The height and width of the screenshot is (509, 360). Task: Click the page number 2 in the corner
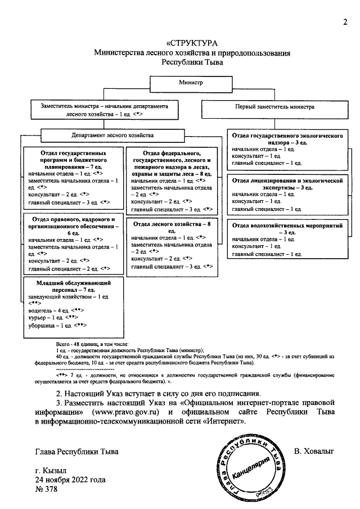point(345,22)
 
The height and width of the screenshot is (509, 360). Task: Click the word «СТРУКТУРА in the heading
point(192,44)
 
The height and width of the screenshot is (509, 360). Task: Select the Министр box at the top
point(191,82)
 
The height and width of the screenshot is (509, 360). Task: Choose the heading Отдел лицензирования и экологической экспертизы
point(287,184)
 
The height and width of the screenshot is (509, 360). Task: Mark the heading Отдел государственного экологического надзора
point(287,139)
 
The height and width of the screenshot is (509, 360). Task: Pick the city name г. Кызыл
point(51,470)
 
